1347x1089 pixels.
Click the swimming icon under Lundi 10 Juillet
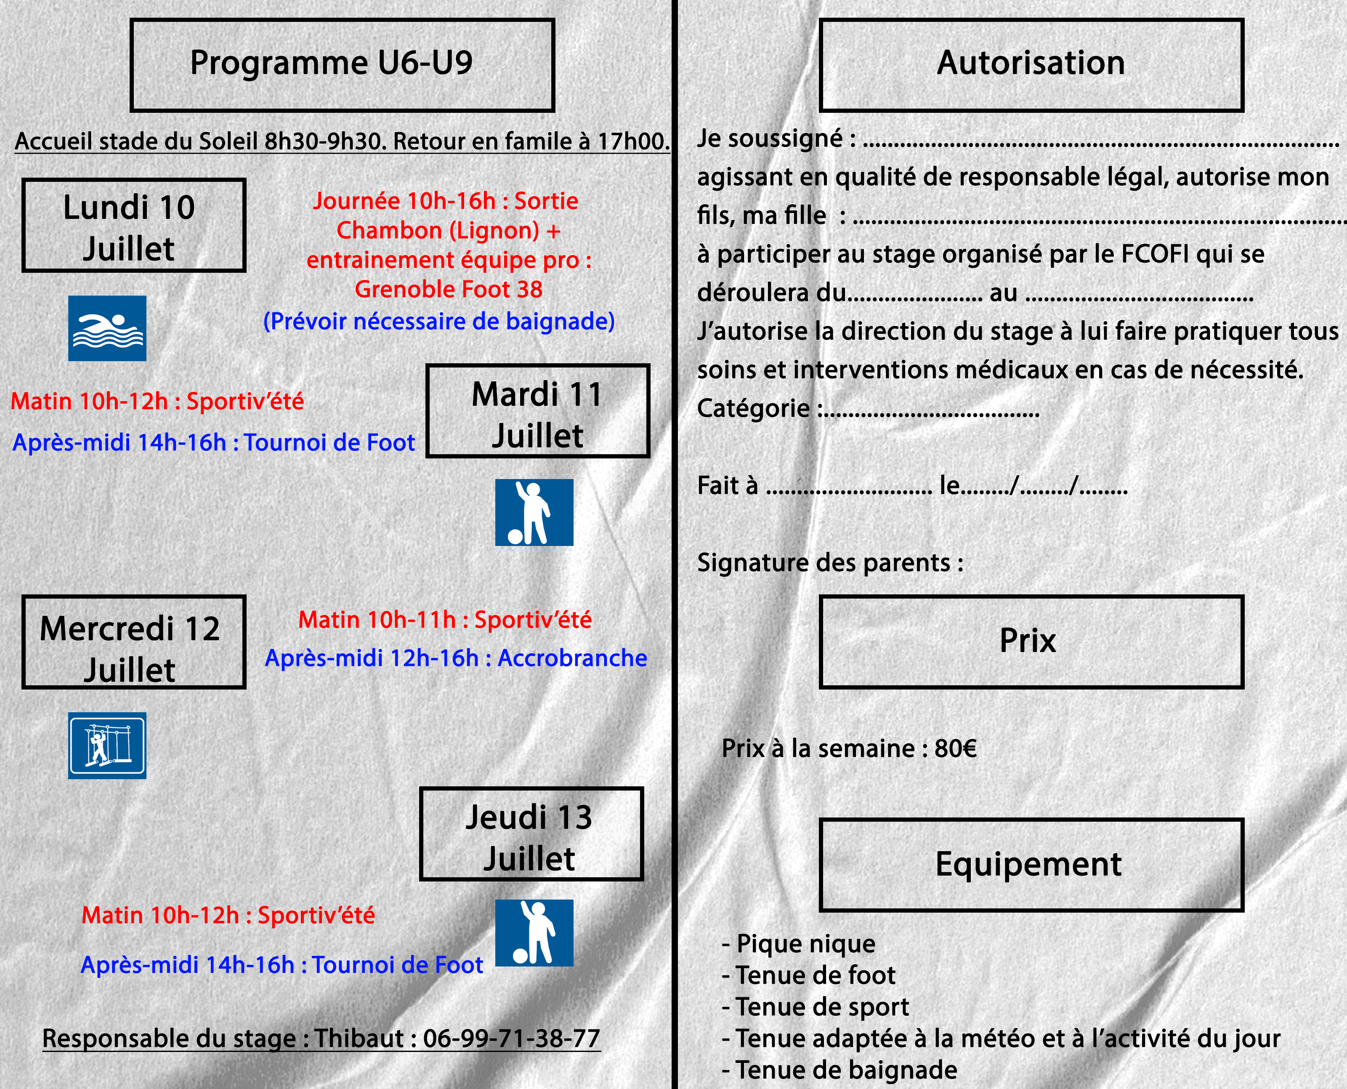107,328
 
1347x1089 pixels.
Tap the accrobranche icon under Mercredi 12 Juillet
107,745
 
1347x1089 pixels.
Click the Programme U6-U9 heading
343,64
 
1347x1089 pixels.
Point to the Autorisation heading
1031,64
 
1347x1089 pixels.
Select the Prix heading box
1031,642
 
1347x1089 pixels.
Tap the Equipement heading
1031,865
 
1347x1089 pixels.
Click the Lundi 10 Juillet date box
133,225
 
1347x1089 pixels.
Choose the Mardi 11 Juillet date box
537,411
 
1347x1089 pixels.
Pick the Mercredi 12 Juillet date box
133,642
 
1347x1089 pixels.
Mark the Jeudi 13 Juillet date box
531,833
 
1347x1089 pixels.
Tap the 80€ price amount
955,748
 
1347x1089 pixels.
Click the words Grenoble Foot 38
449,289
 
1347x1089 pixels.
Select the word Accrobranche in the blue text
572,658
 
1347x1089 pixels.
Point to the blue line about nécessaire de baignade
439,321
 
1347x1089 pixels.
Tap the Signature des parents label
830,563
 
